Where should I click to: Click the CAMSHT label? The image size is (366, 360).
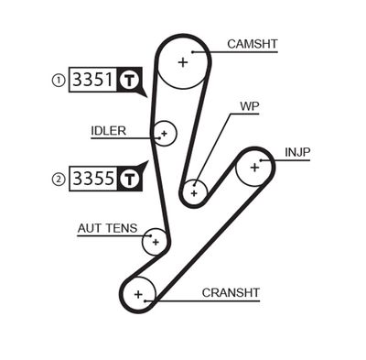tap(251, 43)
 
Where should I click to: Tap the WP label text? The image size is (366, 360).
tap(250, 105)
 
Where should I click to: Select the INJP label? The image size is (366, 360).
tap(299, 151)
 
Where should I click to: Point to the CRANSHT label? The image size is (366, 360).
tap(231, 292)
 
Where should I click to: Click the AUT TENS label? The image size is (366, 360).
tap(108, 227)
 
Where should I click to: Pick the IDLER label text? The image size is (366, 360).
tap(108, 129)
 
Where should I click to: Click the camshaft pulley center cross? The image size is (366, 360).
tap(183, 62)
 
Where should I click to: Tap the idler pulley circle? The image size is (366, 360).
tap(164, 134)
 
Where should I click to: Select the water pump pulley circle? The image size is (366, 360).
tap(193, 192)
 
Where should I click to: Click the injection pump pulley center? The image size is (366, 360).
tap(254, 167)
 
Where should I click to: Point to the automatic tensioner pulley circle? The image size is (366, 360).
tap(156, 242)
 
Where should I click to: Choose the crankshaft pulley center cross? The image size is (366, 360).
tap(139, 294)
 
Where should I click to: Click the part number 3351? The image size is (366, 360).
tap(93, 80)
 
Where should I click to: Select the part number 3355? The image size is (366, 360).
tap(93, 178)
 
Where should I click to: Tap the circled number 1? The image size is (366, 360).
tap(59, 81)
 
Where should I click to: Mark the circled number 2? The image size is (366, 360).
tap(59, 179)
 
